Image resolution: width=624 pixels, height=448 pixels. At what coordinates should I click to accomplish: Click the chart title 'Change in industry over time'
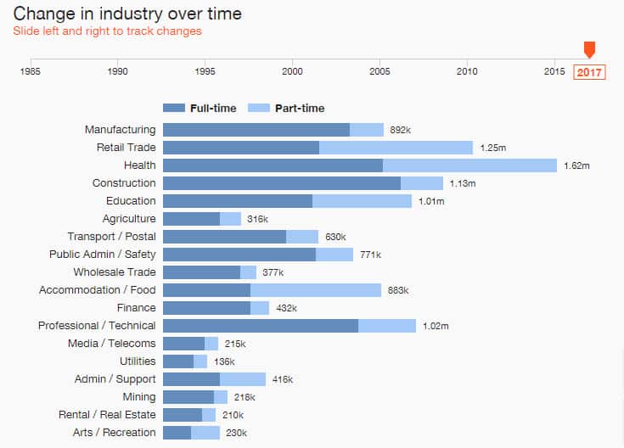pyautogui.click(x=127, y=14)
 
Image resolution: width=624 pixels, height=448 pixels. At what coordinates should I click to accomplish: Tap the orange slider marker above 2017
pyautogui.click(x=589, y=50)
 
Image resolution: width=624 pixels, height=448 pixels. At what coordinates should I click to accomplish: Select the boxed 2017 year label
pyautogui.click(x=589, y=72)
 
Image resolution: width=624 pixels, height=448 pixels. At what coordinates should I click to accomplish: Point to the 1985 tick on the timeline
pyautogui.click(x=31, y=71)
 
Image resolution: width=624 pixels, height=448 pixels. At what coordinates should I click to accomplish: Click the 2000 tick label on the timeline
pyautogui.click(x=293, y=71)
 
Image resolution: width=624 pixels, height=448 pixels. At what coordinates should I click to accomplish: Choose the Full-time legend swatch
pyautogui.click(x=173, y=108)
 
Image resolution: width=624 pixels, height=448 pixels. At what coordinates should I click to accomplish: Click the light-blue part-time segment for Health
pyautogui.click(x=469, y=165)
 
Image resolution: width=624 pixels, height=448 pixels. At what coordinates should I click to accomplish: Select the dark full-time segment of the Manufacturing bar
pyautogui.click(x=256, y=130)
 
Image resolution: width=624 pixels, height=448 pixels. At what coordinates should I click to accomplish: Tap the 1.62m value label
pyautogui.click(x=576, y=165)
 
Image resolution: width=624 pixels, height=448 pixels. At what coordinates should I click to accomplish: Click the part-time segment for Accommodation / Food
pyautogui.click(x=316, y=290)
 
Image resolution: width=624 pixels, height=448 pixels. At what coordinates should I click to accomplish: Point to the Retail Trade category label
pyautogui.click(x=126, y=148)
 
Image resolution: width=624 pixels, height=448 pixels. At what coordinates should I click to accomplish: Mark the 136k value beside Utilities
pyautogui.click(x=224, y=361)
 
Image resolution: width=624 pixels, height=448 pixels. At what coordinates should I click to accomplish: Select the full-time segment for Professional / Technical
pyautogui.click(x=260, y=326)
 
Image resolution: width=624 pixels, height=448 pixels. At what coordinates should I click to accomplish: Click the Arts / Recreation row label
pyautogui.click(x=115, y=433)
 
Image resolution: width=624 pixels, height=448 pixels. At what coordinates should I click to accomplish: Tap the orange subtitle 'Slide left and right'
pyautogui.click(x=107, y=31)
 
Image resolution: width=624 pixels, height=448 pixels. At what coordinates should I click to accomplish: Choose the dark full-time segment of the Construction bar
pyautogui.click(x=281, y=183)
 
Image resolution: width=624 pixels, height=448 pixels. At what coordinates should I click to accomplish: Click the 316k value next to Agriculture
pyautogui.click(x=257, y=219)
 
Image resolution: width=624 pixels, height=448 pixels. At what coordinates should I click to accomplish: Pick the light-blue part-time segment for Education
pyautogui.click(x=362, y=201)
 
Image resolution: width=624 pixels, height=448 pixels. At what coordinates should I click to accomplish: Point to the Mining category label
pyautogui.click(x=139, y=397)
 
